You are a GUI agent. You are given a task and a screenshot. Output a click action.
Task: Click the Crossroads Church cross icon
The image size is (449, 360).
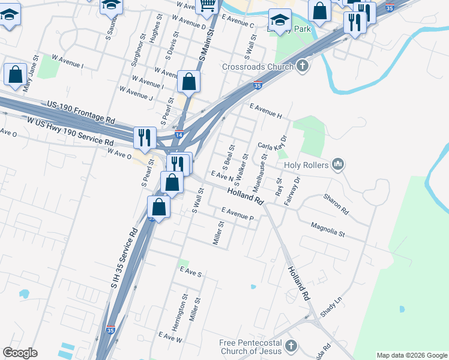click(x=302, y=67)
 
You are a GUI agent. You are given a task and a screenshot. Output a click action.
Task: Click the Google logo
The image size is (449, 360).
click(x=20, y=353)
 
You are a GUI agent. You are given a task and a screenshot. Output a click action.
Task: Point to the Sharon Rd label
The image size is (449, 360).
click(x=336, y=204)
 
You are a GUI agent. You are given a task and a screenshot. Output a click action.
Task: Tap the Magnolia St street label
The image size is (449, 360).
click(x=328, y=230)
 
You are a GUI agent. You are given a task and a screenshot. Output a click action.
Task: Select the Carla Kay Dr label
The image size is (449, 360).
click(x=273, y=144)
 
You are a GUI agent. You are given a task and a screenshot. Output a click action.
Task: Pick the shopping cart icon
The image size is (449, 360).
click(x=207, y=5)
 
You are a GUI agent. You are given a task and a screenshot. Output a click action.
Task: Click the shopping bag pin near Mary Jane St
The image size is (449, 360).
click(x=15, y=74)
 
